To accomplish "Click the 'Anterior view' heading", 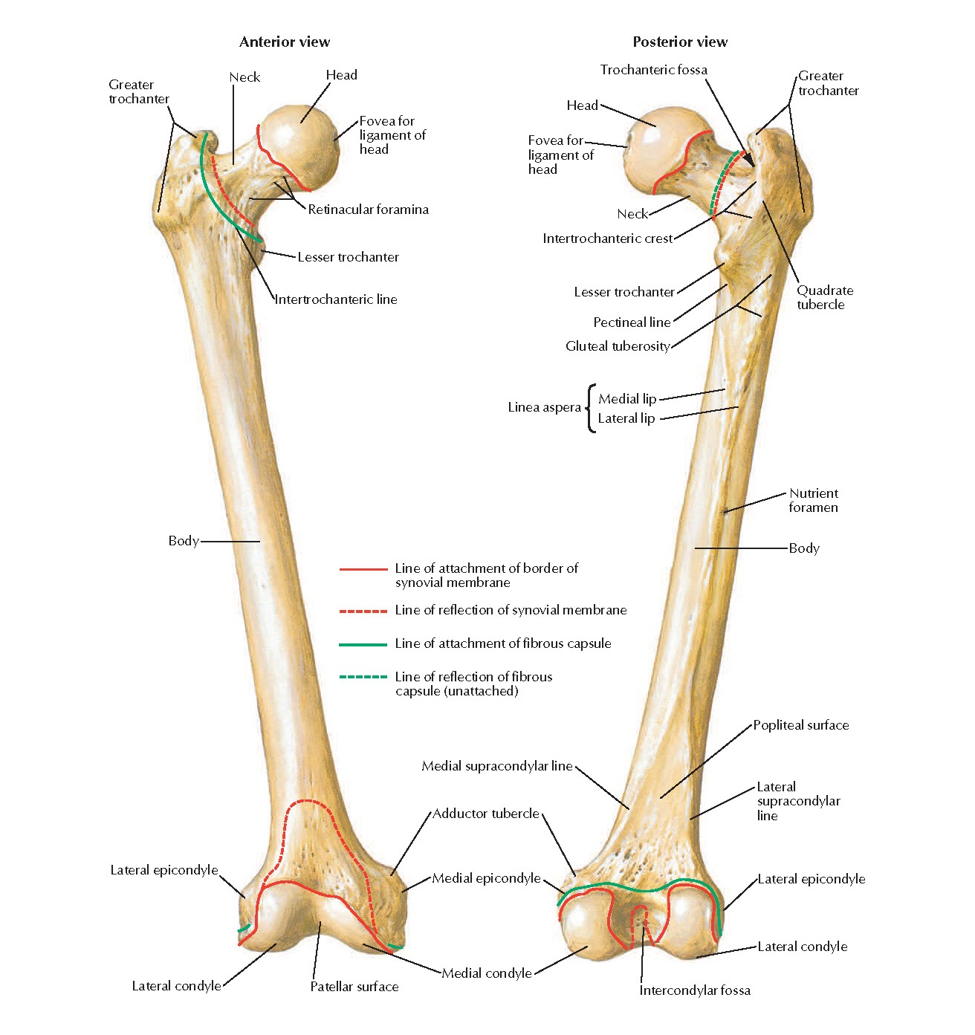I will (x=285, y=42).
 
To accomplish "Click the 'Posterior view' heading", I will (x=680, y=42).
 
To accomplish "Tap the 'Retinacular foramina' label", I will (x=368, y=210).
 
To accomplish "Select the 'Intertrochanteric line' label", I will (x=336, y=299).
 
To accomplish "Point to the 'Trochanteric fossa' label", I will (x=654, y=70).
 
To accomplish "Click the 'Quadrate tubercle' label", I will (x=824, y=297).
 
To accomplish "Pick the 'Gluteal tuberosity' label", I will (x=618, y=346).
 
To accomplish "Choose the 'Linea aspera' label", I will (x=544, y=407).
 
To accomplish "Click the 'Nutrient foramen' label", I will (x=813, y=500).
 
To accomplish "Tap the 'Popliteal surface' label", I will (x=800, y=725).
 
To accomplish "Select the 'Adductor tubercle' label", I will (x=486, y=814).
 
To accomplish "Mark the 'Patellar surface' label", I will (x=354, y=987).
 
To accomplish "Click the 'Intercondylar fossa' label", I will (x=695, y=990).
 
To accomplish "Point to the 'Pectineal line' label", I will (x=632, y=322).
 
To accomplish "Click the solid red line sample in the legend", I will (x=363, y=569).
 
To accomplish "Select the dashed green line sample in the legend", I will (x=363, y=677).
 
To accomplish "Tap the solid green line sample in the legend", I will (x=363, y=644).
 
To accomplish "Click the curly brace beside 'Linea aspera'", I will (x=591, y=408).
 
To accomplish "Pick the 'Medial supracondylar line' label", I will (x=496, y=766).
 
